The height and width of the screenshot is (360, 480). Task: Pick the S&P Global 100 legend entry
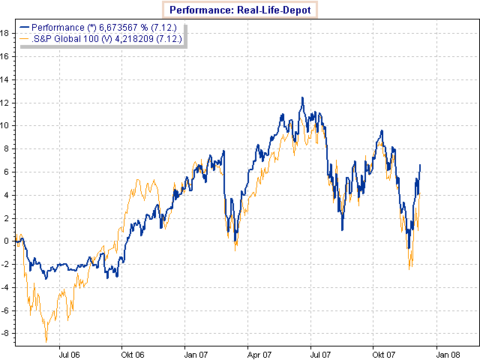tap(101, 38)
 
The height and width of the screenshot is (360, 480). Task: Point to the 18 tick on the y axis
tap(5, 33)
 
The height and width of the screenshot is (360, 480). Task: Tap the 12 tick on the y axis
tap(5, 102)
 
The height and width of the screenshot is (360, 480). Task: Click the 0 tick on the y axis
tap(7, 241)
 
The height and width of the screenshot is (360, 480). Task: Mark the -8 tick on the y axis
tap(5, 333)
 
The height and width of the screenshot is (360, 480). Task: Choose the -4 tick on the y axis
tap(5, 287)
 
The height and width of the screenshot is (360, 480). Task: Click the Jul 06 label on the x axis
tap(69, 353)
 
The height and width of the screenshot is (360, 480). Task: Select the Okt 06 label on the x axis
tap(132, 353)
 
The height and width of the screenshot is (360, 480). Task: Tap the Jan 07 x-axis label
tap(196, 353)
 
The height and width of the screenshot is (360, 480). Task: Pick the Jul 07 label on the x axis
tap(321, 353)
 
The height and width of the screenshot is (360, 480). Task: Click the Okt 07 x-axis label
tap(384, 353)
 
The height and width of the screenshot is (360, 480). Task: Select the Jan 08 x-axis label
tap(448, 353)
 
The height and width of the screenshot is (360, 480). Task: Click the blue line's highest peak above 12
tap(302, 97)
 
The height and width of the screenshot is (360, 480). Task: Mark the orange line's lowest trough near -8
tap(46, 340)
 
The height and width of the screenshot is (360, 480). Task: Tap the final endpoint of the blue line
tap(420, 164)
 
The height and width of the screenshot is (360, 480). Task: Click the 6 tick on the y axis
tap(7, 172)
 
